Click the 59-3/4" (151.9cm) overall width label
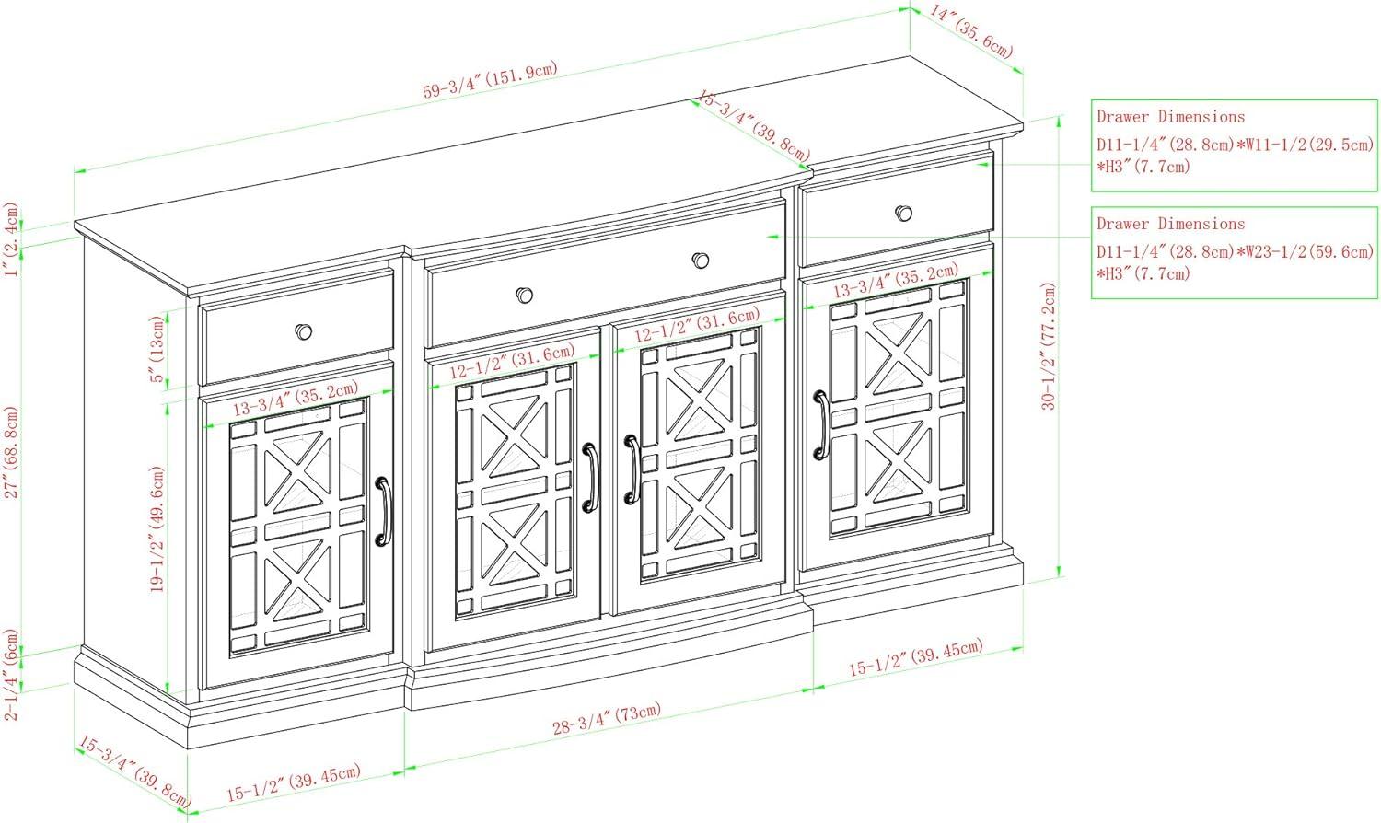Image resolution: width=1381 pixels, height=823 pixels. [490, 80]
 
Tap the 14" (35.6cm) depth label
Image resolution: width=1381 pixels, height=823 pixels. [971, 32]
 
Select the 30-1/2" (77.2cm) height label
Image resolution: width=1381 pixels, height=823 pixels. [1049, 346]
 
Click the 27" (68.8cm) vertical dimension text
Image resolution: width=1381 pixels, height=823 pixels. [12, 452]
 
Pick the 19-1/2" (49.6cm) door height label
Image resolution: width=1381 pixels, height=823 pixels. [157, 529]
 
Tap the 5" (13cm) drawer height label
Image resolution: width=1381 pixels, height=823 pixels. [157, 349]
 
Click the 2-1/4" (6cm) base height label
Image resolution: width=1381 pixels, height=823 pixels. [12, 675]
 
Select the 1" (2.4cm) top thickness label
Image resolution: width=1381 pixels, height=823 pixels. [12, 239]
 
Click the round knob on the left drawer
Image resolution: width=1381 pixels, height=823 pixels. [303, 331]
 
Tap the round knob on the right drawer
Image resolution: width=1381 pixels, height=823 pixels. [904, 214]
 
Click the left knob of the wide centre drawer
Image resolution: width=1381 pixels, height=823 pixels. [525, 296]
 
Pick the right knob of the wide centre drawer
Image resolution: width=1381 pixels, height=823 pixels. [701, 261]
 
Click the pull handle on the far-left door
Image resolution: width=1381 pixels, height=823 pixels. [385, 511]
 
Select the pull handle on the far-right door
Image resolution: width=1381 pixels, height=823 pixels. [821, 424]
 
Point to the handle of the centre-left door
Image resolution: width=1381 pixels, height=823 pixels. [591, 478]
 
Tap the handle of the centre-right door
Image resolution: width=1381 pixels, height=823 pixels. [632, 469]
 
